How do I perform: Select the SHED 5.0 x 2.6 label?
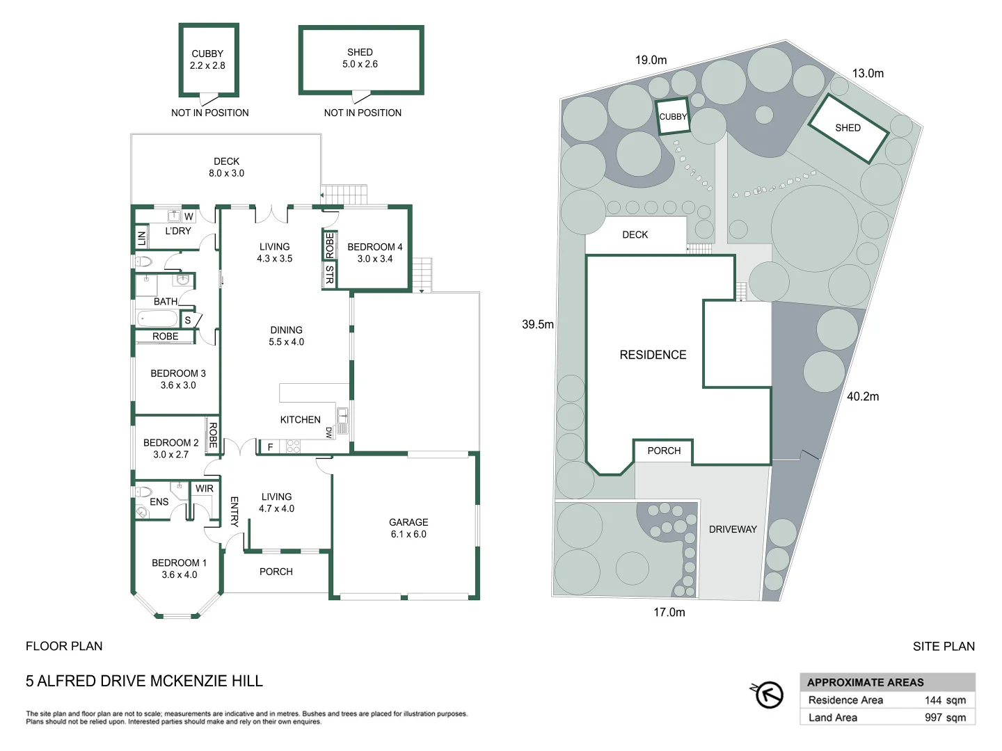point(360,58)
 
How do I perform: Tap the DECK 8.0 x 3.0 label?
point(226,167)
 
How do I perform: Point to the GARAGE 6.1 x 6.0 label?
point(408,528)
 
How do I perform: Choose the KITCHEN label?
point(300,419)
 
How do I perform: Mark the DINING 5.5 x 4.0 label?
point(286,336)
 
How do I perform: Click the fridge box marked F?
point(270,447)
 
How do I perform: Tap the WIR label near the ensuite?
point(205,489)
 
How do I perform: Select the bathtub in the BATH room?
point(158,319)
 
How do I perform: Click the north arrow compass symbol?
point(768,694)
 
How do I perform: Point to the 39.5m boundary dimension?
point(538,324)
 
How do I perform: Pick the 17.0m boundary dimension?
point(669,612)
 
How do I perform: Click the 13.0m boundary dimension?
point(868,73)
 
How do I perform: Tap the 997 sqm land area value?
point(945,718)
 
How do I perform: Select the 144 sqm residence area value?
point(945,700)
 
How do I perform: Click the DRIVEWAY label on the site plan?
point(733,529)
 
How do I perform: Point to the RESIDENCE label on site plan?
point(653,355)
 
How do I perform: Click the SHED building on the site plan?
point(848,129)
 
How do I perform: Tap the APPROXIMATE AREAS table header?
point(866,682)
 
